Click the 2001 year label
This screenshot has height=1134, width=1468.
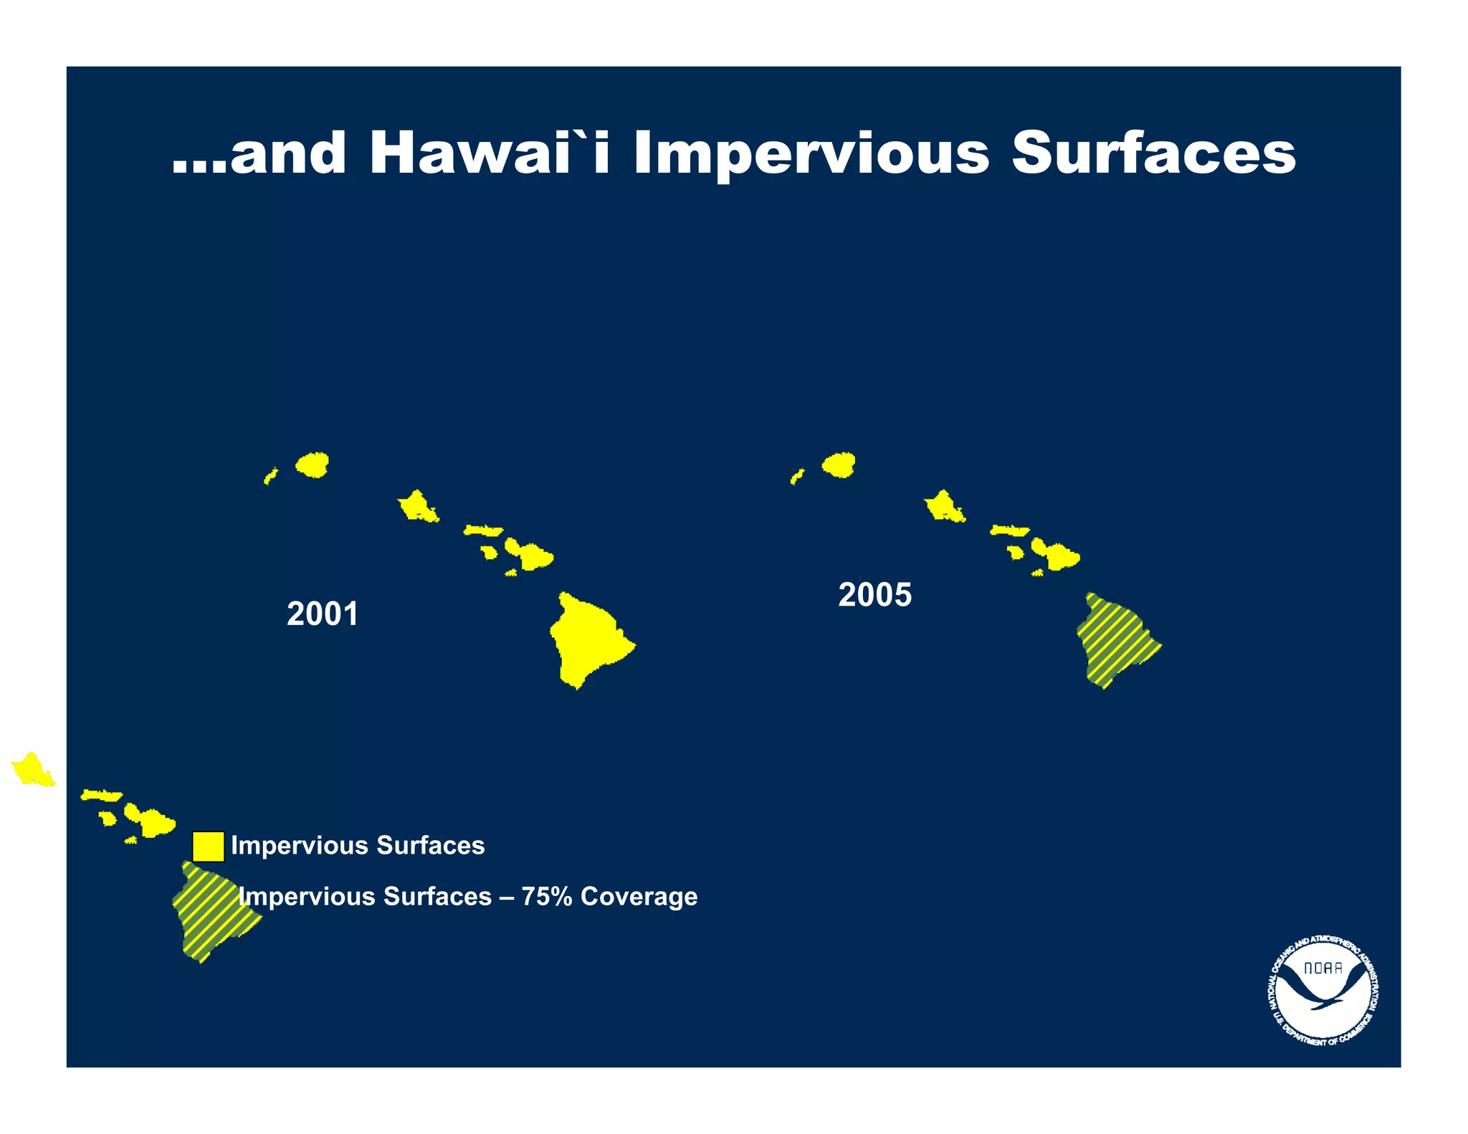click(x=323, y=614)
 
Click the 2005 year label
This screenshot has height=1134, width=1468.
click(x=874, y=595)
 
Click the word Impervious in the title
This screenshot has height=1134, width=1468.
click(x=810, y=154)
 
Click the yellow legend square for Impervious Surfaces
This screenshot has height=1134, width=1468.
click(x=208, y=846)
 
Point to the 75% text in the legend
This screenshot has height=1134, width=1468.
click(x=545, y=897)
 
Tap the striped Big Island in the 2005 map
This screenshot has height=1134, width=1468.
click(x=1115, y=638)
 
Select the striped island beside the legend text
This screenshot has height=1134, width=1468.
click(x=211, y=910)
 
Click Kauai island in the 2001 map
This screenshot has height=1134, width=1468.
click(x=313, y=464)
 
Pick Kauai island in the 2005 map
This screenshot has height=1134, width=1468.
click(x=839, y=464)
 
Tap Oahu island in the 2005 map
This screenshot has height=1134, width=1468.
click(x=943, y=508)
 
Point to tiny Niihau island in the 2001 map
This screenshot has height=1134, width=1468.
click(x=271, y=476)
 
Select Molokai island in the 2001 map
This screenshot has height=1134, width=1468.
click(x=483, y=530)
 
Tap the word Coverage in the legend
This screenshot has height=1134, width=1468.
click(x=639, y=897)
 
